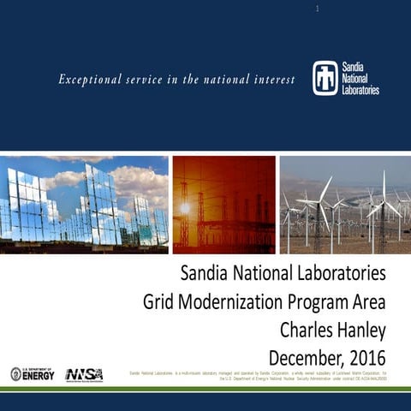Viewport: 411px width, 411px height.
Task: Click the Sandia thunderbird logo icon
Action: click(x=325, y=77)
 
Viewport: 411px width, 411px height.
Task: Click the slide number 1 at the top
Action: click(x=317, y=9)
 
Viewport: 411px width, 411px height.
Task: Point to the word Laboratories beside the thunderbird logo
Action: click(x=360, y=88)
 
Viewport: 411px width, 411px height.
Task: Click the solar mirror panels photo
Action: click(x=84, y=204)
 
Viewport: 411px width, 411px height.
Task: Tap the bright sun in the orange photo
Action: click(x=184, y=208)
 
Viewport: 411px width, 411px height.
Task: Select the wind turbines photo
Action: click(x=345, y=204)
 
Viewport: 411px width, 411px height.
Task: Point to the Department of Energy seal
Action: click(x=16, y=374)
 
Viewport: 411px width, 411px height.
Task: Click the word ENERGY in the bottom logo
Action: click(x=39, y=376)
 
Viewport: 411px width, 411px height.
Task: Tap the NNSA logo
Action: click(x=84, y=374)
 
